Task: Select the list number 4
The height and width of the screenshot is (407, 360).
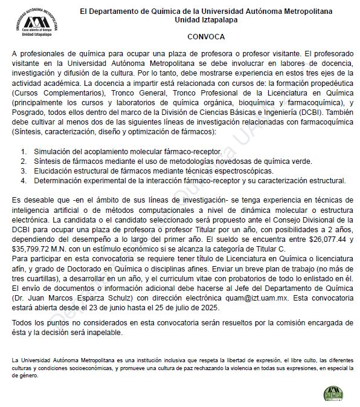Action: [x=24, y=180]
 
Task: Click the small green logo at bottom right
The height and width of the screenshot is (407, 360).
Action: [x=332, y=392]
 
